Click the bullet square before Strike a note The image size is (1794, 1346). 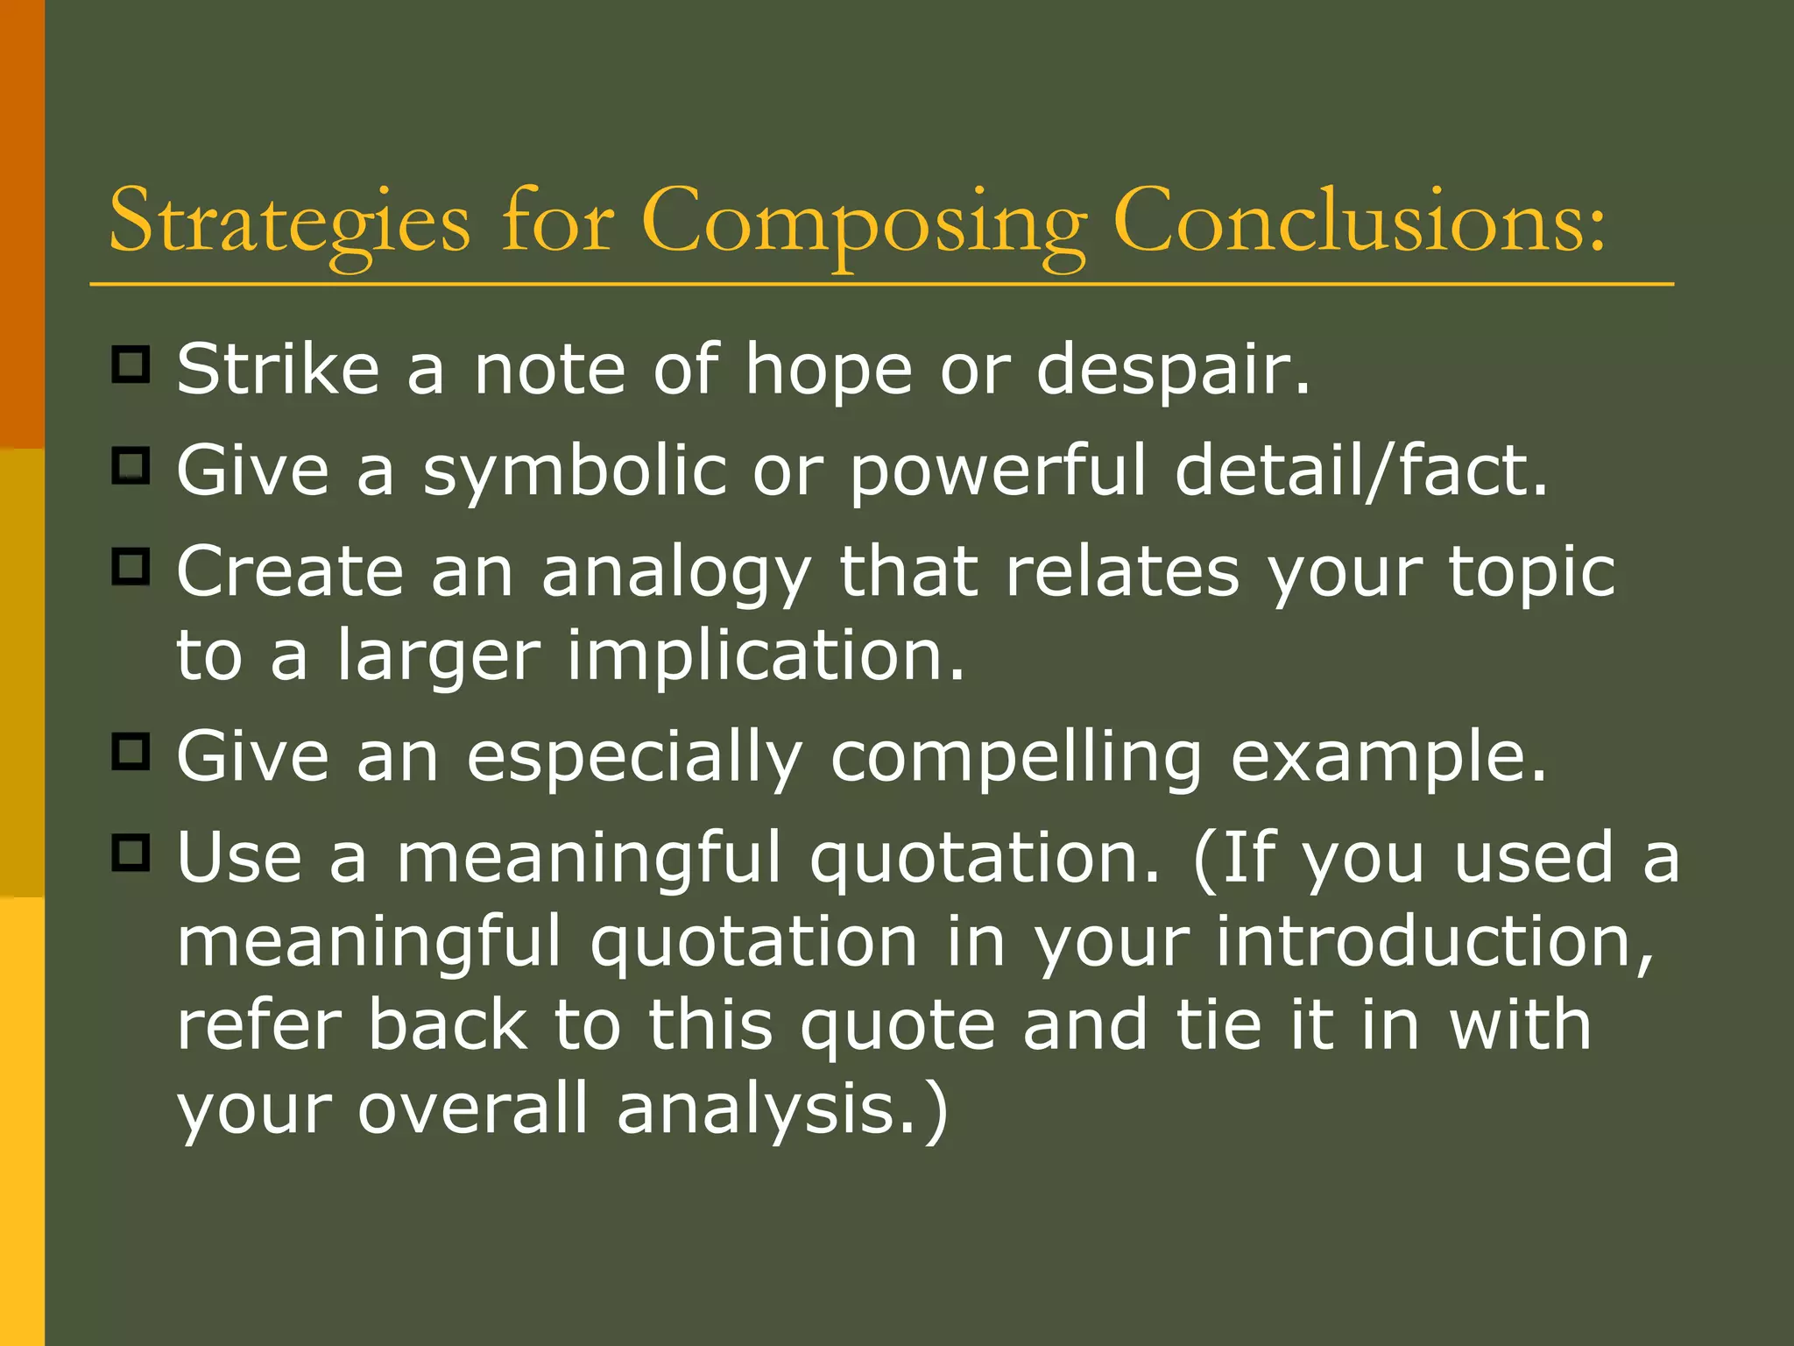tap(131, 364)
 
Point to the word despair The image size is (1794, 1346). tap(1173, 371)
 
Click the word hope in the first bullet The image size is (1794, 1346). tap(828, 371)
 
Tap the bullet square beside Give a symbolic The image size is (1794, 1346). tap(131, 465)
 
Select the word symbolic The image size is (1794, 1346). tap(575, 471)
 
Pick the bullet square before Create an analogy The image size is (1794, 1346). tap(131, 566)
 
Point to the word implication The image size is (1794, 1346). tap(765, 655)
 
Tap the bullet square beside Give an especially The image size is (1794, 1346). tap(131, 750)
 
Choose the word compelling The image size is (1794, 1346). tap(1016, 757)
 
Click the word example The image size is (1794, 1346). tap(1388, 757)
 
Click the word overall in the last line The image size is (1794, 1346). tap(473, 1108)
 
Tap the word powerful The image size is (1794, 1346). tap(998, 471)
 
